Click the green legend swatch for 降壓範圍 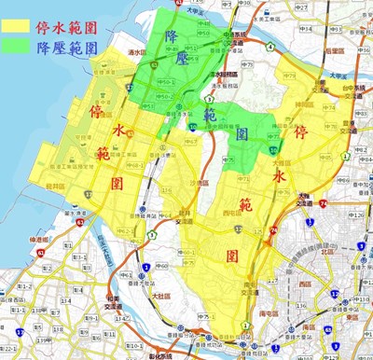17,45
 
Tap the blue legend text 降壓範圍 66,45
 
